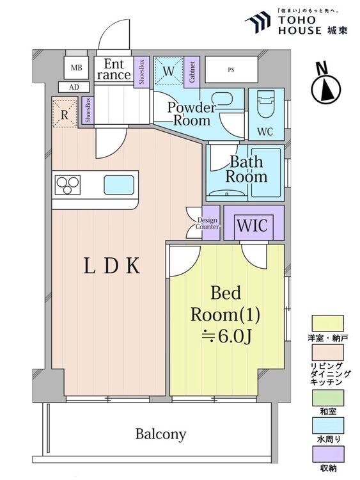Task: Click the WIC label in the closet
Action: click(x=253, y=226)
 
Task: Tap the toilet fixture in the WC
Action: click(x=266, y=105)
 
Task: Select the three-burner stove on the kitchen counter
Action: click(x=67, y=185)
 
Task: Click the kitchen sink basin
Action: click(x=119, y=185)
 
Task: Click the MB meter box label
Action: click(x=76, y=68)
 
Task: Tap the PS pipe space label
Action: click(x=231, y=70)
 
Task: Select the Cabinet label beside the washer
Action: click(x=192, y=72)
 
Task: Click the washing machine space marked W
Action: click(x=168, y=71)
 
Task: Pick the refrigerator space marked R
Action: click(x=64, y=114)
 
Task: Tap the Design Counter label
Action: click(x=208, y=223)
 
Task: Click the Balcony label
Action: click(x=160, y=434)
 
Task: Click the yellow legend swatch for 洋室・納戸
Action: click(x=327, y=324)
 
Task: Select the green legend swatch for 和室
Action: click(x=327, y=397)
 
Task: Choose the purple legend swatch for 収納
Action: click(x=327, y=454)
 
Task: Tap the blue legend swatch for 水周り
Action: click(x=327, y=426)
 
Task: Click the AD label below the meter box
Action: click(x=74, y=87)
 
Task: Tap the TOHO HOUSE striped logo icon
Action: click(x=258, y=22)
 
